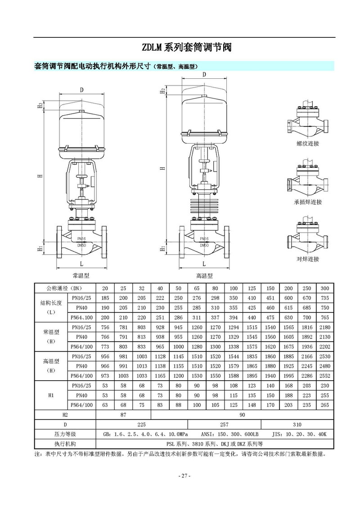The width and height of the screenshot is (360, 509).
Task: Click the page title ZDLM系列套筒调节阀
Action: click(186, 47)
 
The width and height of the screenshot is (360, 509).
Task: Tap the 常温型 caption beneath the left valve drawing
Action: click(81, 275)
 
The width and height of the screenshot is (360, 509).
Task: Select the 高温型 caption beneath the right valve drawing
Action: click(204, 276)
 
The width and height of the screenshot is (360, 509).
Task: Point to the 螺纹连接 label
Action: click(308, 144)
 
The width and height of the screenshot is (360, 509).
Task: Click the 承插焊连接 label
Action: click(308, 202)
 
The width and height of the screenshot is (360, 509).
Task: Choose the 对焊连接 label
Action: click(308, 259)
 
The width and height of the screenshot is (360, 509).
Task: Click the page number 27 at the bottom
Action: click(184, 476)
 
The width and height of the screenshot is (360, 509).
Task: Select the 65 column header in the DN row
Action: click(197, 288)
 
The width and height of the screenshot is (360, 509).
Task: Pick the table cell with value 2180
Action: click(324, 327)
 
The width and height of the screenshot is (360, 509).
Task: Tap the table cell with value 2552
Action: click(324, 376)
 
